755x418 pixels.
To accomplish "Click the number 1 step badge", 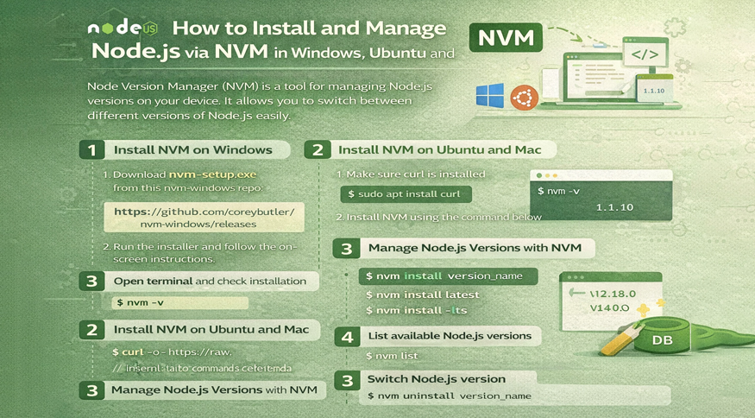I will pyautogui.click(x=91, y=149).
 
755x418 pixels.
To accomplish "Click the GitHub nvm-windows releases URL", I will pyautogui.click(x=205, y=217).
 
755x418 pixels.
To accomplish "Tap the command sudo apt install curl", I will pyautogui.click(x=406, y=193).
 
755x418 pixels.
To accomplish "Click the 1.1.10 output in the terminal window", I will pyautogui.click(x=614, y=208).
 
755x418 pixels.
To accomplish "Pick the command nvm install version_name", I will pyautogui.click(x=447, y=276).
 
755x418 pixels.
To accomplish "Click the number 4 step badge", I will pyautogui.click(x=347, y=335).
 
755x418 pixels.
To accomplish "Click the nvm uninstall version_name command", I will pyautogui.click(x=449, y=396).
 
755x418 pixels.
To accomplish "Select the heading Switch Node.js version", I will pyautogui.click(x=436, y=378).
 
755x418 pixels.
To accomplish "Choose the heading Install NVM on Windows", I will pyautogui.click(x=192, y=149).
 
